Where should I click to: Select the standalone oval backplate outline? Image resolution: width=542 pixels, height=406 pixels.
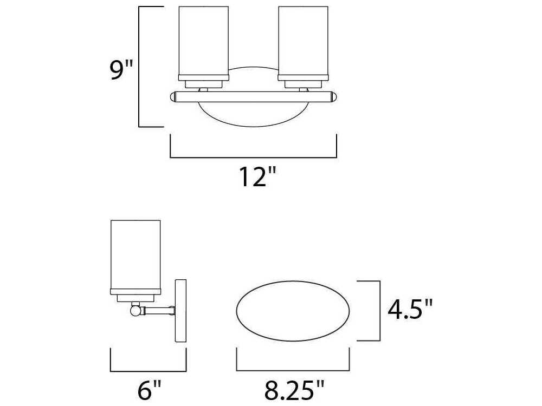point(293,311)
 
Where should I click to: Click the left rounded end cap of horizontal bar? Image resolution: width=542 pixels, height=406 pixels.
point(174,97)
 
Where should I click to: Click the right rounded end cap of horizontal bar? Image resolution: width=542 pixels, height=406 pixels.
point(333,97)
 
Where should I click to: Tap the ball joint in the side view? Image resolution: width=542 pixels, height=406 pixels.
point(135,311)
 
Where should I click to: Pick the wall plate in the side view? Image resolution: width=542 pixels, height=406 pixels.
point(180,311)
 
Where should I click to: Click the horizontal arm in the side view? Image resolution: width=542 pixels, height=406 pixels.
point(158,311)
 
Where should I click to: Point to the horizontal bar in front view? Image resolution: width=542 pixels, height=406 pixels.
point(254,97)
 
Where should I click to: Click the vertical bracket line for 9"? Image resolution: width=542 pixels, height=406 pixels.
point(140,66)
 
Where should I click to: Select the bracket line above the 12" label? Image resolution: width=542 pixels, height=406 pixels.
point(254,158)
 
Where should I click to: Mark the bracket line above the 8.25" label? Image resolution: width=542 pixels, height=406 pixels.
point(293,372)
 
